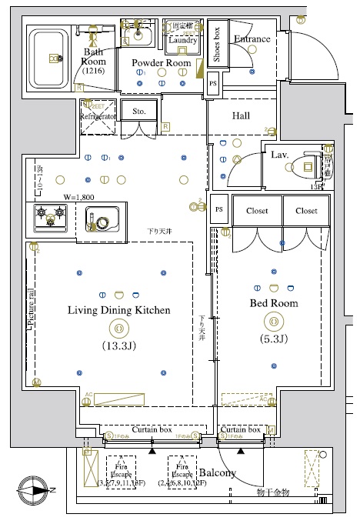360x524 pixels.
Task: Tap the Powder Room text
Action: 161,62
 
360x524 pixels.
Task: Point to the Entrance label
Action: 252,39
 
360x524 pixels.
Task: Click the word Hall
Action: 241,115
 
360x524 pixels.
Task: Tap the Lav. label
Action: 279,155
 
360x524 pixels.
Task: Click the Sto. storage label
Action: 138,111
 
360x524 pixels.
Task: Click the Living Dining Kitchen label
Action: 118,310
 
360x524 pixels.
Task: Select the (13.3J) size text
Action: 118,345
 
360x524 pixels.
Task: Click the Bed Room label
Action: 273,303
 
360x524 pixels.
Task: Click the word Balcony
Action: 217,473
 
